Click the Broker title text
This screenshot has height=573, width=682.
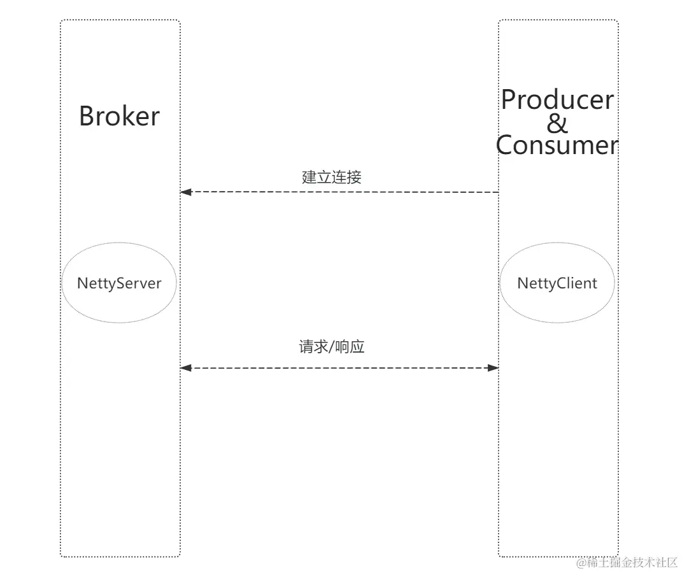(x=119, y=117)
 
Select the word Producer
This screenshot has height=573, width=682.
(x=557, y=100)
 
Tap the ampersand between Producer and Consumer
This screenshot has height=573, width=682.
(x=557, y=122)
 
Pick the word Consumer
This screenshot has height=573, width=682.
(x=557, y=145)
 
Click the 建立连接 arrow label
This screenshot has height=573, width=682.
(x=331, y=177)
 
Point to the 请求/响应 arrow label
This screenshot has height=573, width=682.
(x=331, y=347)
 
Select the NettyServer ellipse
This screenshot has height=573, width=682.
(x=119, y=283)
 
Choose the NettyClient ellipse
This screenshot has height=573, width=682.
(x=557, y=283)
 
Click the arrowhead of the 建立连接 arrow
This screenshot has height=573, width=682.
(x=185, y=192)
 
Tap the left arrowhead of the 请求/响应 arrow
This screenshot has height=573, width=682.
(x=185, y=368)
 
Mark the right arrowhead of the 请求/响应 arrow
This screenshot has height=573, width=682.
(x=494, y=368)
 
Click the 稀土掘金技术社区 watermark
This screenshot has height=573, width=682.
(x=627, y=562)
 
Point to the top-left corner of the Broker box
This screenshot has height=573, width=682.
(x=61, y=20)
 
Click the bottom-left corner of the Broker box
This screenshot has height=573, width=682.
(x=61, y=556)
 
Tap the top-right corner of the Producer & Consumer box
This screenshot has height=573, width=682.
(x=618, y=20)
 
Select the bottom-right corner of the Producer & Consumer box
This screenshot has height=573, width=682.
(x=618, y=556)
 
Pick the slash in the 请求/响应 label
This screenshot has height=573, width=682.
(x=332, y=348)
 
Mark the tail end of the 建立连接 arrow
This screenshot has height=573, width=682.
(x=497, y=192)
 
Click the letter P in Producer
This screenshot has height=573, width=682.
(x=509, y=100)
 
